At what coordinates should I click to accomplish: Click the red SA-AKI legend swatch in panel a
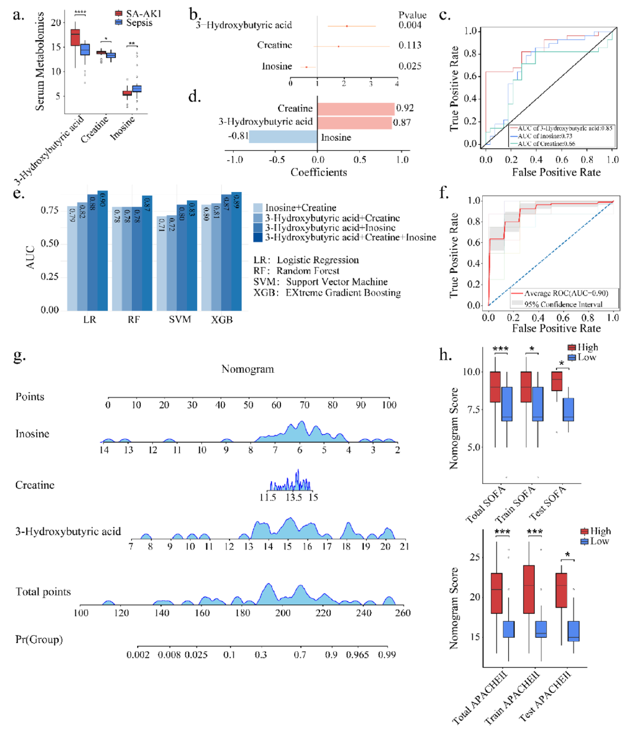118,14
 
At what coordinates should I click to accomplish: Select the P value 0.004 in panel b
409,25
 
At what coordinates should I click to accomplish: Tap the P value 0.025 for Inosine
409,66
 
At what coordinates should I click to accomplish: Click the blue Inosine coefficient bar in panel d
283,137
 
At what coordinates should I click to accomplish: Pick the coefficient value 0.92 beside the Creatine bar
405,108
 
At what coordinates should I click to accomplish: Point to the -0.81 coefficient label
238,136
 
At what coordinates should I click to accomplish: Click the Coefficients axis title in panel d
318,173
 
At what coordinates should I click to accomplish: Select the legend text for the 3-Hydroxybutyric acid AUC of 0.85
565,128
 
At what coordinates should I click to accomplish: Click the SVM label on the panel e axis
180,320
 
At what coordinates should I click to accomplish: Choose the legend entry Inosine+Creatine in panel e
301,208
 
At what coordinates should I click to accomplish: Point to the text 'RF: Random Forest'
296,271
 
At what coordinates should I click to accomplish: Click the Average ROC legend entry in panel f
566,293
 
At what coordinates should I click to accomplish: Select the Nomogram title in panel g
247,369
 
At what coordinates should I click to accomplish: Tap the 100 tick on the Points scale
389,405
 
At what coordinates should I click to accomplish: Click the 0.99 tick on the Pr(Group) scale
387,655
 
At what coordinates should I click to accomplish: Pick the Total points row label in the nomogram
43,592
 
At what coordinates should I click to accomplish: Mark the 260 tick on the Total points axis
402,613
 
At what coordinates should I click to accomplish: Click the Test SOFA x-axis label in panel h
547,502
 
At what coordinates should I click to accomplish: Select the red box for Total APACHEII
496,593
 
